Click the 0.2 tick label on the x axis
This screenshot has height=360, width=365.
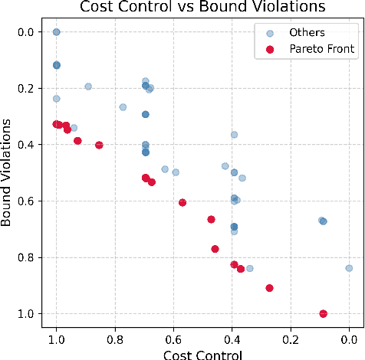(291, 339)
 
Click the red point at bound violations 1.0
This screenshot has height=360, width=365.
(323, 314)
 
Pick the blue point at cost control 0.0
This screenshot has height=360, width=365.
(349, 268)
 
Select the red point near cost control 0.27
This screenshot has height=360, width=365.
(269, 288)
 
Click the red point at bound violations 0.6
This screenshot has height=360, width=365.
(182, 203)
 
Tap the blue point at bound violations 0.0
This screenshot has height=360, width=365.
(56, 32)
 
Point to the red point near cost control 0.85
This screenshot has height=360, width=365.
(99, 145)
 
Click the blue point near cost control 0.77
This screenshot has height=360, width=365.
(123, 107)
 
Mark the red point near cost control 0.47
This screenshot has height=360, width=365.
(211, 219)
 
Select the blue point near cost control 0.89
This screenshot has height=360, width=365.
(88, 87)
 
